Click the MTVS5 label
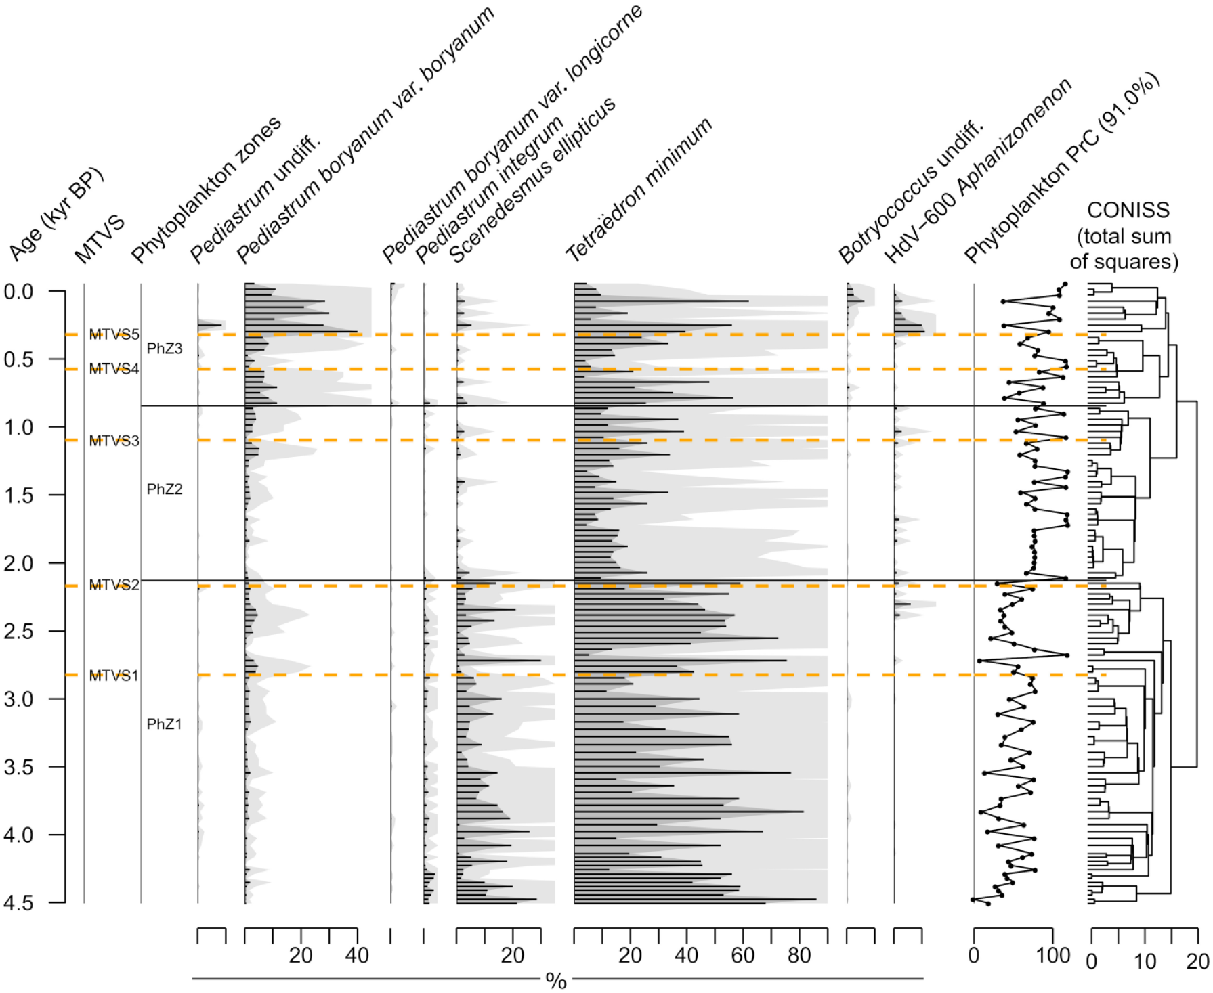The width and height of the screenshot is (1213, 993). (114, 334)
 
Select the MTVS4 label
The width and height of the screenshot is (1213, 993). (114, 369)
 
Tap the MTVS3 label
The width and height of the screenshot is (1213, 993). (114, 441)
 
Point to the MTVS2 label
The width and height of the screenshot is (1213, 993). (114, 585)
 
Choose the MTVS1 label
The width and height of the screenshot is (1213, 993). (114, 676)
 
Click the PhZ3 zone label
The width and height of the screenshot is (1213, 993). (165, 349)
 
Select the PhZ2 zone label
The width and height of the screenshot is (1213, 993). (165, 489)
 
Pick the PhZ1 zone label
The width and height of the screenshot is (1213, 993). (165, 724)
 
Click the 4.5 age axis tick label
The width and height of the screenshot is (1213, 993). (18, 903)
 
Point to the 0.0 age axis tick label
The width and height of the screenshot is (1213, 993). (18, 292)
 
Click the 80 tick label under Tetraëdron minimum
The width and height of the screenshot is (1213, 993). (799, 956)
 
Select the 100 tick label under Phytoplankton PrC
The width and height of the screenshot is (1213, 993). (1052, 956)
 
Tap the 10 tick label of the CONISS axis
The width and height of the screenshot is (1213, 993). (1145, 961)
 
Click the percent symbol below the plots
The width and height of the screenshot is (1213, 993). (556, 981)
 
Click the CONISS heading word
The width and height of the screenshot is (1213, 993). (1128, 210)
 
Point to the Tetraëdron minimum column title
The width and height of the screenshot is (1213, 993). (639, 190)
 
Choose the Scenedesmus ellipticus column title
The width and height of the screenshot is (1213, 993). (532, 180)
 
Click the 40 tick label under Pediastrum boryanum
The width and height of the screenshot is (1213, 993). (357, 956)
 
